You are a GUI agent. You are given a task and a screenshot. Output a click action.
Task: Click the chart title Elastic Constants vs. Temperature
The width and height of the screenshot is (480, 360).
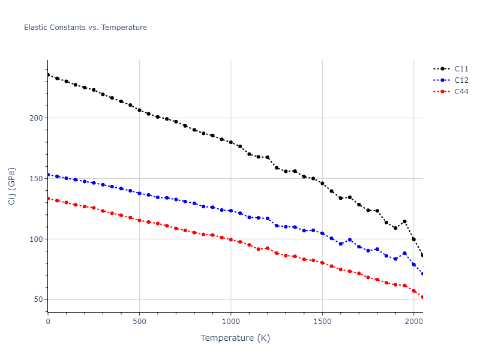click(x=85, y=28)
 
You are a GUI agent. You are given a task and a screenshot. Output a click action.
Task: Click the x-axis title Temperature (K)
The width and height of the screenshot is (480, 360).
click(x=235, y=338)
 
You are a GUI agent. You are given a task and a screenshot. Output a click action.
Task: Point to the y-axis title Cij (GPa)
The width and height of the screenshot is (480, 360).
click(x=12, y=186)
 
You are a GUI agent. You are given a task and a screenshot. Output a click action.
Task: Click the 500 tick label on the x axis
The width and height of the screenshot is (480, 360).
click(x=139, y=322)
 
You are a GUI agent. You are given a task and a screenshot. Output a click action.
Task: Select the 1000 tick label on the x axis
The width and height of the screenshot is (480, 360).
click(x=231, y=322)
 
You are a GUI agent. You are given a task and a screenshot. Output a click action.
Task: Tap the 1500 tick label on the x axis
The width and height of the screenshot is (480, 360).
click(x=322, y=322)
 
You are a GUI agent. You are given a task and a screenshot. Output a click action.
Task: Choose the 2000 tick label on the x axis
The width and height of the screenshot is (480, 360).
click(x=413, y=322)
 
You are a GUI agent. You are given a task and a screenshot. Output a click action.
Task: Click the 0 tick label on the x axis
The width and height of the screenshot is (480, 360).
click(x=48, y=322)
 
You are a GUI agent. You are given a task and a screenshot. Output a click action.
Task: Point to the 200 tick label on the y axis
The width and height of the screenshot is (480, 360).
click(x=37, y=118)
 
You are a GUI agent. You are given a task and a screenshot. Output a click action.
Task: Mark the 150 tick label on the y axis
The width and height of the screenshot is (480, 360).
click(x=37, y=178)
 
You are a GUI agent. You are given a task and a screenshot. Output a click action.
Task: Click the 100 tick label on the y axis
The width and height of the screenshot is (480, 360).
click(x=37, y=239)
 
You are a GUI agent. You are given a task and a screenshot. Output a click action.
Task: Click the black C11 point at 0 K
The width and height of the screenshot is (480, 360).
click(x=48, y=75)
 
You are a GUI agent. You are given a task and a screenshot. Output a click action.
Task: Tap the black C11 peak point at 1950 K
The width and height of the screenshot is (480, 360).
click(x=404, y=221)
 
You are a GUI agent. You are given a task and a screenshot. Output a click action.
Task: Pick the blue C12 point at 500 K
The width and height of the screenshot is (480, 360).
click(x=139, y=193)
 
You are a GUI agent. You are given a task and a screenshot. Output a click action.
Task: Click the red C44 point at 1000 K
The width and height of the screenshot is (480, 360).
click(x=231, y=239)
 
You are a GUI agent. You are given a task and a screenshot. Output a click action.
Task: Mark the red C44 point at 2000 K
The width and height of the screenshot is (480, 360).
click(x=413, y=291)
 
